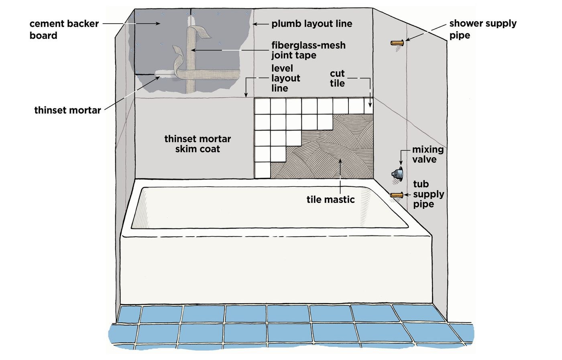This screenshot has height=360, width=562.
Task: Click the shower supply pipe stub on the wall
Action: pyautogui.click(x=397, y=43)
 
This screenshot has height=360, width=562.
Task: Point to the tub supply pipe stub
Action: pyautogui.click(x=397, y=195)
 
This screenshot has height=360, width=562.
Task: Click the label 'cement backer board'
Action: pyautogui.click(x=64, y=29)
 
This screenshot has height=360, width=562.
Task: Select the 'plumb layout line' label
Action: pyautogui.click(x=312, y=24)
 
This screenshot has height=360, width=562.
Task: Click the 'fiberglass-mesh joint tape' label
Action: pyautogui.click(x=308, y=50)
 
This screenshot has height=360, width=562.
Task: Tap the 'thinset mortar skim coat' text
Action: pyautogui.click(x=198, y=144)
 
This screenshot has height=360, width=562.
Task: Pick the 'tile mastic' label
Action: pyautogui.click(x=331, y=199)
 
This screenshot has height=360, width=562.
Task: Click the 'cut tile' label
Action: pyautogui.click(x=337, y=78)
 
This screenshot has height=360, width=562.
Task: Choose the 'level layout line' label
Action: pyautogui.click(x=285, y=78)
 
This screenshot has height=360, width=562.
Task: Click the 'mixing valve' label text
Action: pyautogui.click(x=428, y=154)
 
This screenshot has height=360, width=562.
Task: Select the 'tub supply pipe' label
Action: pyautogui.click(x=429, y=194)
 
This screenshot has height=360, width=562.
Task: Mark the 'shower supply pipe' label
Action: pyautogui.click(x=483, y=29)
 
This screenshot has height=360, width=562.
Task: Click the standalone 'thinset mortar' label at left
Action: pyautogui.click(x=67, y=110)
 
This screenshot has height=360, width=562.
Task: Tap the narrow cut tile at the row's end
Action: pyautogui.click(x=369, y=106)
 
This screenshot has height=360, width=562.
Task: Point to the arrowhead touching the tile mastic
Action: pyautogui.click(x=340, y=161)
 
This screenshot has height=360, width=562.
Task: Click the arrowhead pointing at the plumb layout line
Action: pyautogui.click(x=255, y=24)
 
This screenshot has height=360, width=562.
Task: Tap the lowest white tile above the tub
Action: pyautogui.click(x=263, y=170)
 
